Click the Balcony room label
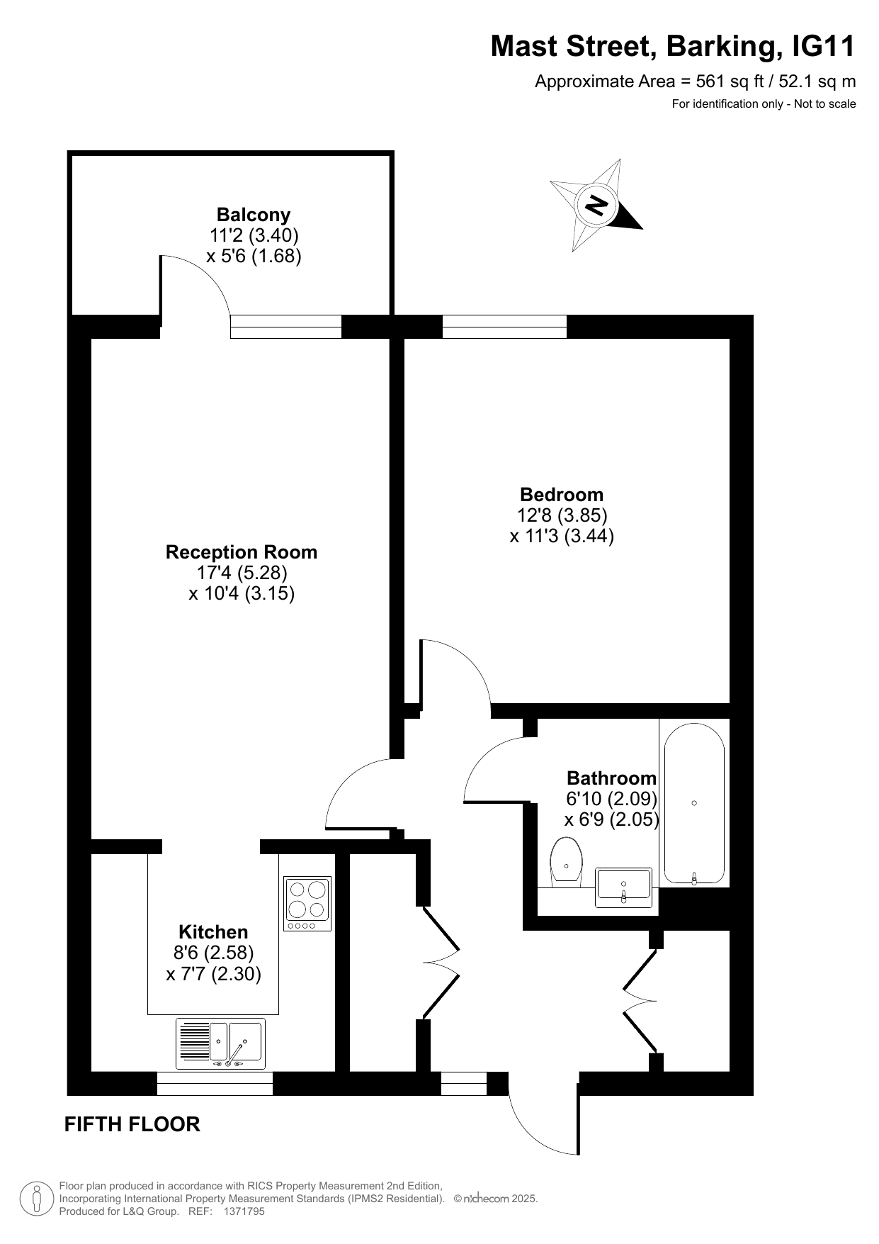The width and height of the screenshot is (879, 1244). [254, 215]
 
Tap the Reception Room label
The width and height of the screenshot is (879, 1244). [242, 552]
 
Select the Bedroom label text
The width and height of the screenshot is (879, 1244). [562, 495]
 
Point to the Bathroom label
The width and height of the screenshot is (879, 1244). [612, 778]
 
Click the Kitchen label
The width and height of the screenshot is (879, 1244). [213, 932]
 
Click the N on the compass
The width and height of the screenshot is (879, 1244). [596, 205]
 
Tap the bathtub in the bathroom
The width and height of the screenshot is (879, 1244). [694, 802]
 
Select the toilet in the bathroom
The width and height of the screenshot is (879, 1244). [566, 862]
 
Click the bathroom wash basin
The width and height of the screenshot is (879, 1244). [623, 887]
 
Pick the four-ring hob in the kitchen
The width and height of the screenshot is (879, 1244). [307, 904]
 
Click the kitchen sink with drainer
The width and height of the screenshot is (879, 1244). [220, 1043]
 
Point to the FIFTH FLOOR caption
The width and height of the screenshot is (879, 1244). [132, 1124]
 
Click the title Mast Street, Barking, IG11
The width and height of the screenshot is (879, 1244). [673, 47]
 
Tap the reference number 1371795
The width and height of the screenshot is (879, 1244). [244, 1211]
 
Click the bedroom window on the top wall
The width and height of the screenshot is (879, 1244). [504, 327]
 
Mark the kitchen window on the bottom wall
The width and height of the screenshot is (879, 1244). [215, 1083]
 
